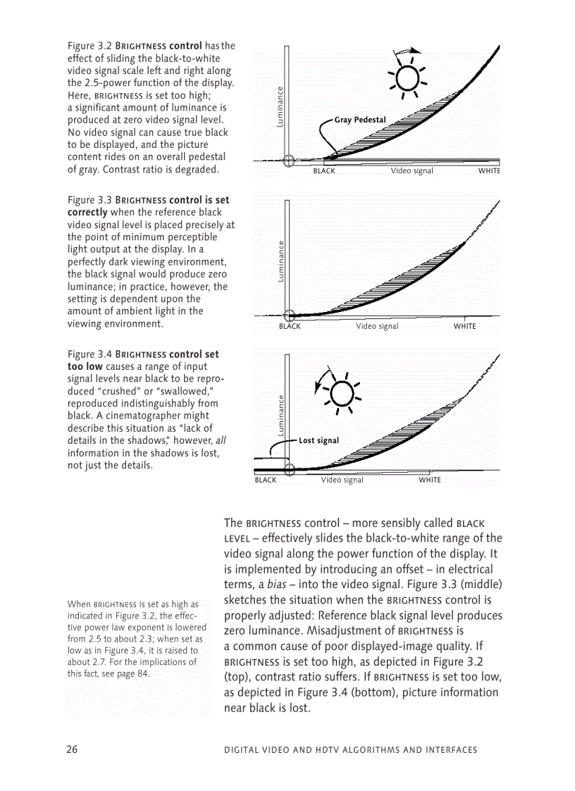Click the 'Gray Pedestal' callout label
pos(359,120)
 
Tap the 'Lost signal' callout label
pos(319,441)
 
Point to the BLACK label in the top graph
pos(324,171)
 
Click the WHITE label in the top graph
pos(489,171)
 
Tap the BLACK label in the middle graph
pos(290,326)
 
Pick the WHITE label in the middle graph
pos(464,326)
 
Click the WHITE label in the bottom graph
pos(430,480)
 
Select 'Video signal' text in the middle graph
pos(377,326)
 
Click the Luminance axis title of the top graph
pos(280,106)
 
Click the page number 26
pos(72,749)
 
